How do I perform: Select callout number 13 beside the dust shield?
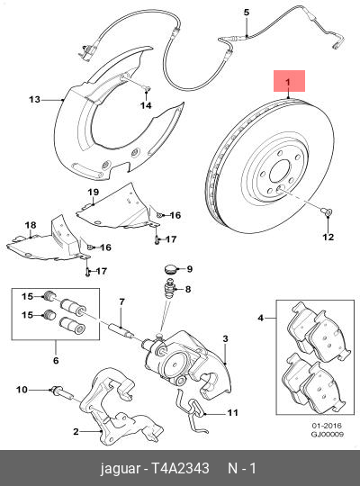point(35,99)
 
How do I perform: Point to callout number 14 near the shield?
point(146,105)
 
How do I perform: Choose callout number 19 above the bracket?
point(92,193)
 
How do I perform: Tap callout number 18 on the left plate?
point(30,224)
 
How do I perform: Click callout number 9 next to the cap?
point(188,269)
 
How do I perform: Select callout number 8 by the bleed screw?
point(188,289)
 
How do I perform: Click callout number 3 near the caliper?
point(227,338)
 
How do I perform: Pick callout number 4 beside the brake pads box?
point(262,318)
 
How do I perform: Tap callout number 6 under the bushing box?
point(56,361)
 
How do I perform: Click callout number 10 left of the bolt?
point(22,389)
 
